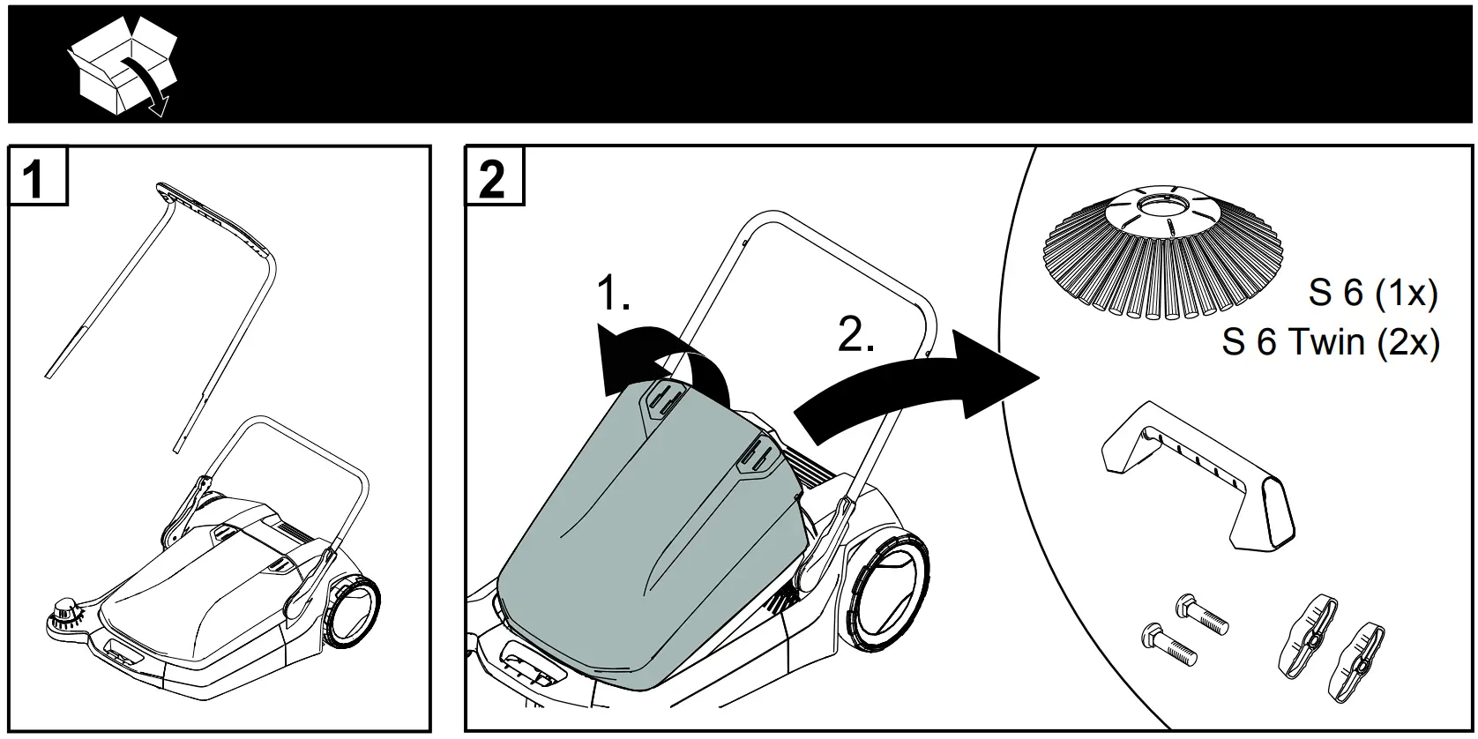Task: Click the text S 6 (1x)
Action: pos(1372,293)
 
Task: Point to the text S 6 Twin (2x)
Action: pos(1330,341)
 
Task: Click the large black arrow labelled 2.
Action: pos(918,384)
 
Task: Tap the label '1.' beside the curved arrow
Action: pos(615,294)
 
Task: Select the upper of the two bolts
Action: pos(1202,614)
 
